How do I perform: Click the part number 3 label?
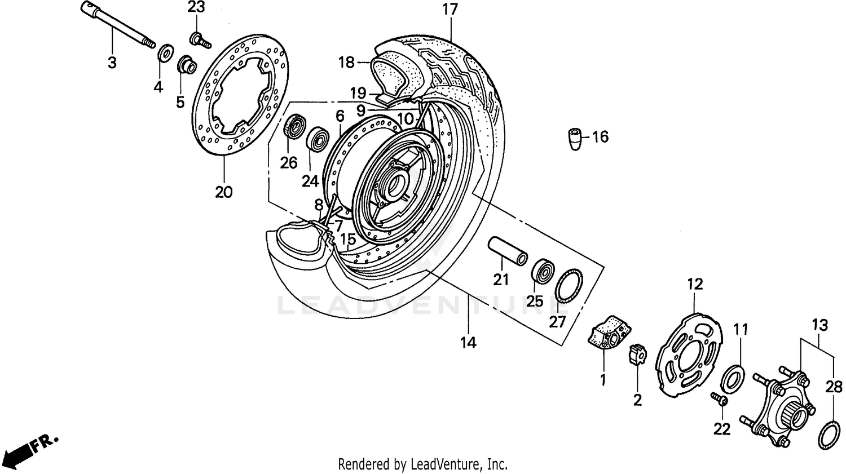[x=112, y=62]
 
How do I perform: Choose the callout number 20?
[x=223, y=192]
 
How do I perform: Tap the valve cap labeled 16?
[x=574, y=139]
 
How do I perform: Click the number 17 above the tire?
[x=450, y=10]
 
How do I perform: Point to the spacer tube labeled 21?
[x=508, y=251]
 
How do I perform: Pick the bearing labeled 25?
[x=544, y=270]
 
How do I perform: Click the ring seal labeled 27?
[x=569, y=286]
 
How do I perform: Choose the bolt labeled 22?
[x=719, y=399]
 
